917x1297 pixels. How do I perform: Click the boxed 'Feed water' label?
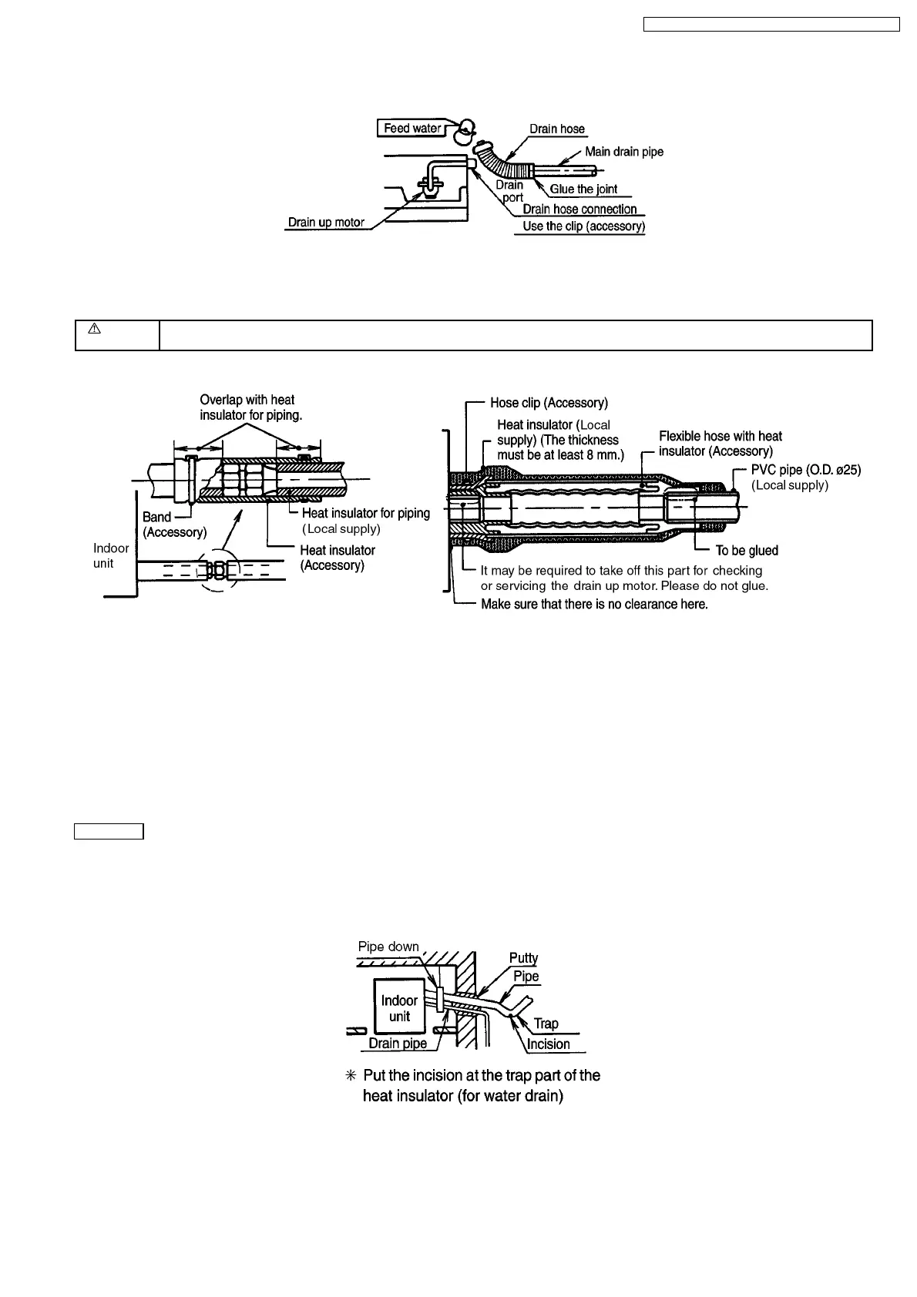[x=412, y=128]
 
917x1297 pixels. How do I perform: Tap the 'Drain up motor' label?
[x=326, y=223]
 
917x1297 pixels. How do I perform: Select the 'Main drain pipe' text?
[x=623, y=152]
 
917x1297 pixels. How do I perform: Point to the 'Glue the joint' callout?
[x=583, y=189]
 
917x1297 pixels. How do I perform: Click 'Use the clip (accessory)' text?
[x=583, y=226]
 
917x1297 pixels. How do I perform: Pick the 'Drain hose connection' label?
[x=579, y=209]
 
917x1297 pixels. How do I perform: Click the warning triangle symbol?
[x=94, y=329]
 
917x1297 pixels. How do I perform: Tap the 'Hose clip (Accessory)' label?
[x=549, y=403]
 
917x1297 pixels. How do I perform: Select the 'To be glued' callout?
[x=747, y=551]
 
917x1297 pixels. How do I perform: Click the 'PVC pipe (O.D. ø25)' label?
[x=805, y=470]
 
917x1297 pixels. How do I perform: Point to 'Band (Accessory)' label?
[x=174, y=524]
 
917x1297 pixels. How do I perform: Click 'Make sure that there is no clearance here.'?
[x=594, y=605]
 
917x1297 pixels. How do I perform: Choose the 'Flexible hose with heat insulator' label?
[x=720, y=444]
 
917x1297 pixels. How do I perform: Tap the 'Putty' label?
[x=523, y=958]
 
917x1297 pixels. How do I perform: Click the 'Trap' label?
[x=546, y=1024]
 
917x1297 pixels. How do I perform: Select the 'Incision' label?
[x=548, y=1044]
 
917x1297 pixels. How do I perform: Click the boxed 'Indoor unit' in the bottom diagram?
[x=399, y=1008]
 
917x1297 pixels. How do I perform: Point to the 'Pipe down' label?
[x=388, y=947]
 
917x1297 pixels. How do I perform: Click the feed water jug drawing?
[x=465, y=132]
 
